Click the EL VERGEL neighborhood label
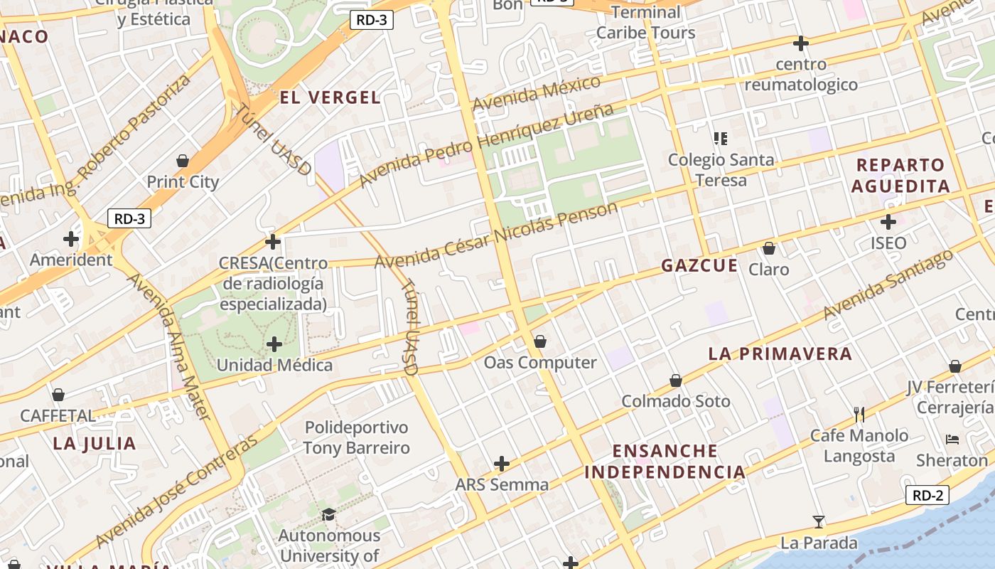pos(330,98)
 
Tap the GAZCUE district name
pos(699,266)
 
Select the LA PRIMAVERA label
pos(780,353)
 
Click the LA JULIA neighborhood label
pos(94,444)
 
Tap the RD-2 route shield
pos(927,496)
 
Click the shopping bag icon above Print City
pos(183,161)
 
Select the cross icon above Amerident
pos(71,238)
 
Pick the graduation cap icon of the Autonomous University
pos(328,514)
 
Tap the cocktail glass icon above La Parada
pos(819,522)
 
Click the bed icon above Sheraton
pos(952,439)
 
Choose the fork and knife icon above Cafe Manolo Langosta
pos(859,414)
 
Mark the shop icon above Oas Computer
pos(540,341)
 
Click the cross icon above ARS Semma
pos(502,464)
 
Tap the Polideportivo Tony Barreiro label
pos(356,437)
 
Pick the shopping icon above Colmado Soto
pos(676,381)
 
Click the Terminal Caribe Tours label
pos(645,23)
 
